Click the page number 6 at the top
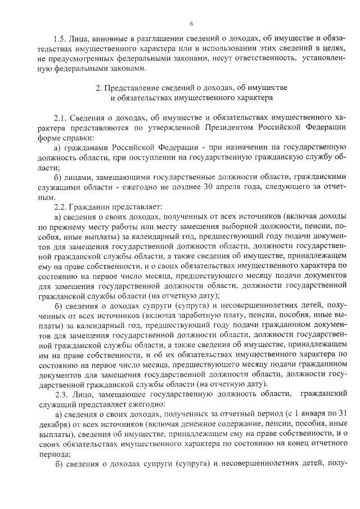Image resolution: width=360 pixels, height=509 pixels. point(191,23)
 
